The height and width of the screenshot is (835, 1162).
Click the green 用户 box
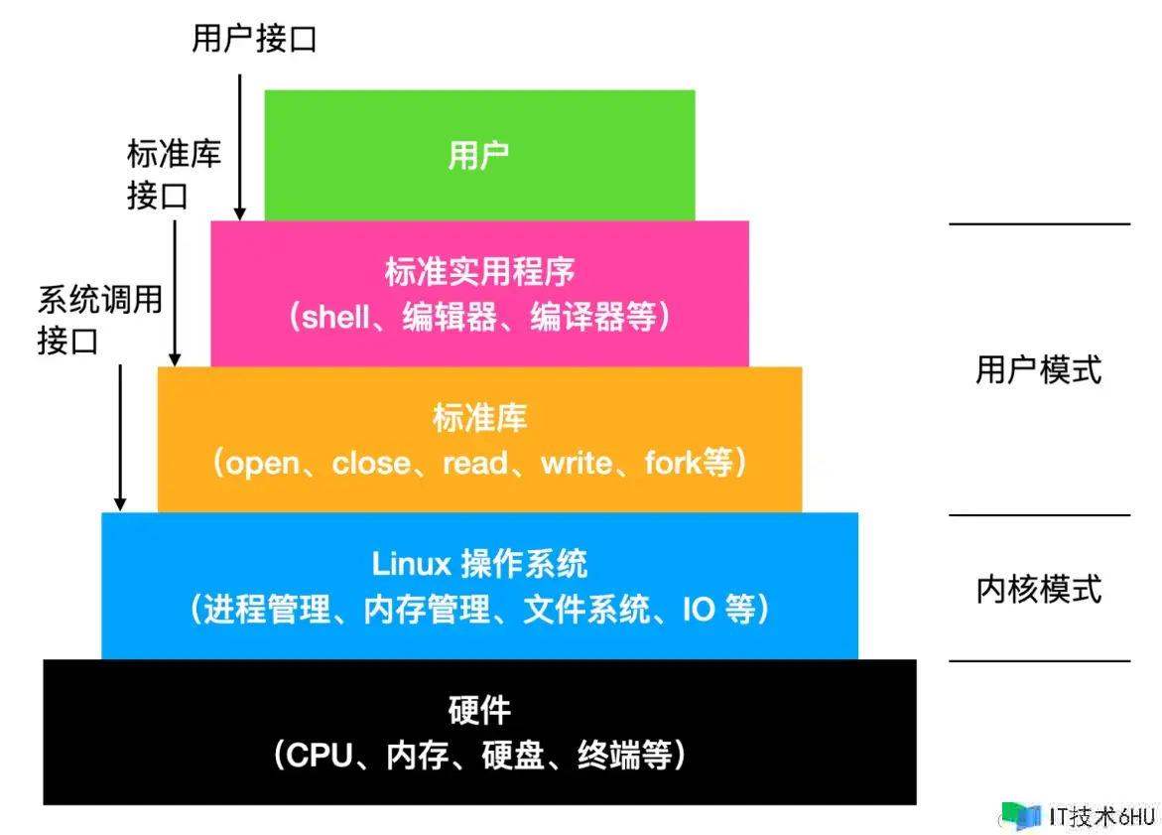coord(479,155)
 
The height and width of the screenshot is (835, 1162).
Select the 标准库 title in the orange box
coord(479,418)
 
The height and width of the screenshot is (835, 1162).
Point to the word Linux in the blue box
coord(411,564)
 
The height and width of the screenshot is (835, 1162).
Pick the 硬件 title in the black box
coord(479,711)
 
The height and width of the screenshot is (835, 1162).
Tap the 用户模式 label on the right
coord(1039,370)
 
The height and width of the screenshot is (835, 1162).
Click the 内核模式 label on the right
coord(1039,589)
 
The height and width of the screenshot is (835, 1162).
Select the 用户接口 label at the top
coord(254,39)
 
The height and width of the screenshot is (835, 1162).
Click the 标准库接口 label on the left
coord(174,175)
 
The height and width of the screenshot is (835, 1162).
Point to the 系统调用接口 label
coord(99,319)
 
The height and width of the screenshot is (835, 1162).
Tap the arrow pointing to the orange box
coord(176,292)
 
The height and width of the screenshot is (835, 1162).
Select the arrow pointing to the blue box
coord(120,437)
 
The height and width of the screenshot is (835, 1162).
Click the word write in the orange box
coord(577,464)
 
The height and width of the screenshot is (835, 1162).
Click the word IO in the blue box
coord(699,610)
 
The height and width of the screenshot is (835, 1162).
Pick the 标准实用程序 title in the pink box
coord(479,271)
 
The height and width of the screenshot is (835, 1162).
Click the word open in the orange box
coord(263,464)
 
